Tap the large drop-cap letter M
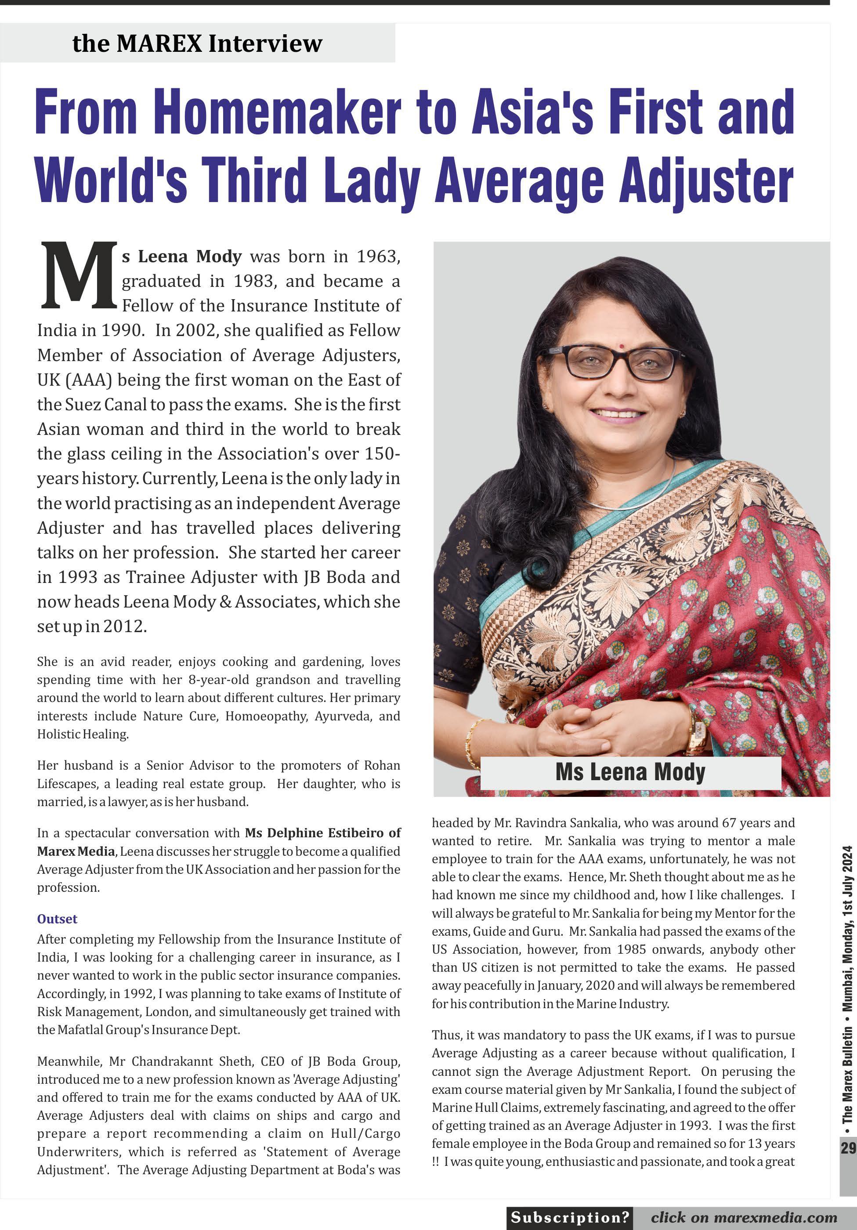pos(78,276)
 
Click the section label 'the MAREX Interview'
pos(197,43)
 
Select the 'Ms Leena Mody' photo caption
pos(630,772)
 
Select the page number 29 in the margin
pos(848,1147)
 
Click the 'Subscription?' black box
pos(569,1217)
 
